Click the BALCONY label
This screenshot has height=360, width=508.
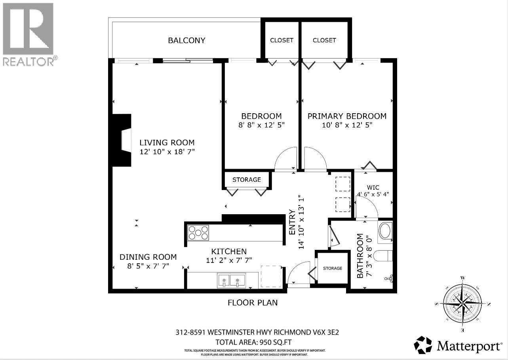186,40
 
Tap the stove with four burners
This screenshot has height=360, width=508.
198,233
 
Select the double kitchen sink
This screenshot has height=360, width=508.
231,281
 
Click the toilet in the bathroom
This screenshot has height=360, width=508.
384,256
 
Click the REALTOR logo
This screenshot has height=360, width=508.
28,34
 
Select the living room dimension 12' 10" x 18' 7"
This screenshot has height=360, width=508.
167,152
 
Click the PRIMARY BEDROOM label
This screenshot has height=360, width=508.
347,116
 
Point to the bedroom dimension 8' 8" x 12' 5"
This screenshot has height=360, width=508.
261,125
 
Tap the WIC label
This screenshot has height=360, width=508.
373,187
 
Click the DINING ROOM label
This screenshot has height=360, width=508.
148,257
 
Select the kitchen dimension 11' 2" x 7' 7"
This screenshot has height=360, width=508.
229,260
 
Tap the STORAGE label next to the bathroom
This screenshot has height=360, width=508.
332,268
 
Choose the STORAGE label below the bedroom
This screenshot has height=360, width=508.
246,180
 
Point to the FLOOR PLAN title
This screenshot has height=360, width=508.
253,303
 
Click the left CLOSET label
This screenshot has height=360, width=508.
282,40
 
